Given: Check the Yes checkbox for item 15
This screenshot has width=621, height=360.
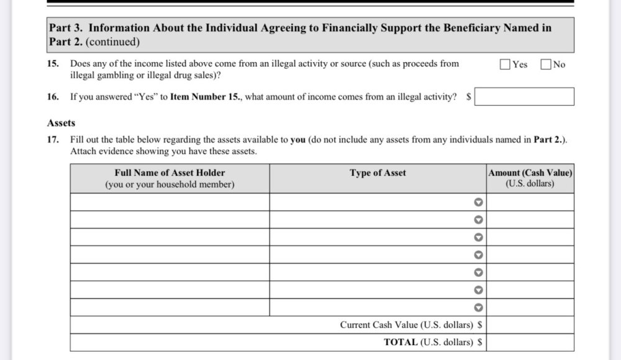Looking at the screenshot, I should [505, 64].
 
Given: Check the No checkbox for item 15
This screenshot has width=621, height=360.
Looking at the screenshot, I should [546, 64].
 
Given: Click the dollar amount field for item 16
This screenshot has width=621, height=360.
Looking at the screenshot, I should [524, 97].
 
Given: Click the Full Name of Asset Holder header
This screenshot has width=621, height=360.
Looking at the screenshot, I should [170, 173].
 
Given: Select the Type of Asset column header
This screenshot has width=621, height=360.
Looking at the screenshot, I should [378, 173].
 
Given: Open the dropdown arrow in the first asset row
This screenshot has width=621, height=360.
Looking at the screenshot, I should [478, 202].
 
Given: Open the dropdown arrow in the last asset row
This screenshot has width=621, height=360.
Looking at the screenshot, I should [478, 307].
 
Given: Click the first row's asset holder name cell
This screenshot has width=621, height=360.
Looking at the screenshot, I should [170, 202].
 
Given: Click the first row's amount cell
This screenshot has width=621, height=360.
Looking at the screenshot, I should [530, 202].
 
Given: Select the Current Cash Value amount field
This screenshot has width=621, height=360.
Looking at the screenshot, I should [530, 325].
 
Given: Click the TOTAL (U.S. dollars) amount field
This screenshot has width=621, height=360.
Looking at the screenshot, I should [530, 342].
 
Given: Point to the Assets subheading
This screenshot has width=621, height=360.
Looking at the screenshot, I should [61, 123].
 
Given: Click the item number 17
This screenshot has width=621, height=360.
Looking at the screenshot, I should [53, 140].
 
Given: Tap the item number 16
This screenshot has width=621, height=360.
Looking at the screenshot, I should [53, 97].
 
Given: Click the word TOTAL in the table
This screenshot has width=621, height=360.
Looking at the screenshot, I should [401, 342].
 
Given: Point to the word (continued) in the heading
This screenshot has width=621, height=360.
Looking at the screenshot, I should [112, 42].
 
